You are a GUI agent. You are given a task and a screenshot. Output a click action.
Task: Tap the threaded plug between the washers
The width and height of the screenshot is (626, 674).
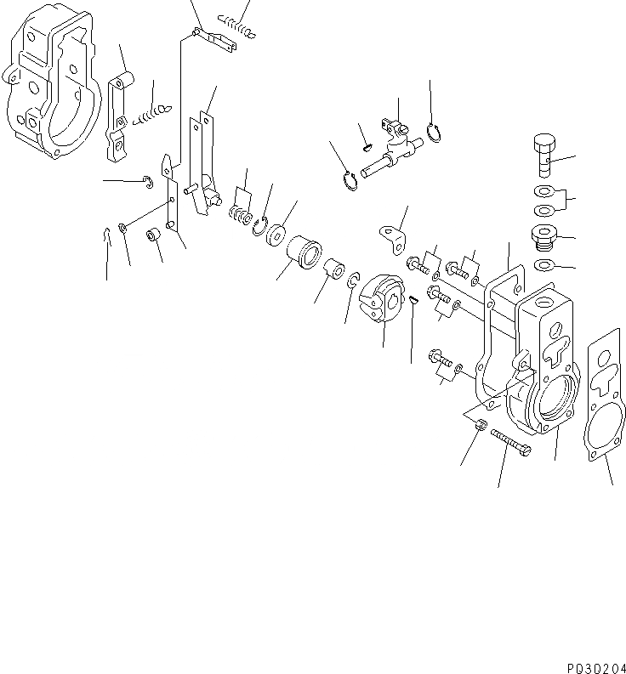pos(542,238)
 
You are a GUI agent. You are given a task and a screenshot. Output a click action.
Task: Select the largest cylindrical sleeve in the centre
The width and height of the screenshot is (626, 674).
pos(304,254)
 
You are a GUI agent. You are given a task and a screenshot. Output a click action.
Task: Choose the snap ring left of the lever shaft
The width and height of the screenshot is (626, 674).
pos(348,181)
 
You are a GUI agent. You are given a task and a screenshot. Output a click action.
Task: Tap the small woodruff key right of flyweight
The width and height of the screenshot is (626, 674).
pos(412,298)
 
